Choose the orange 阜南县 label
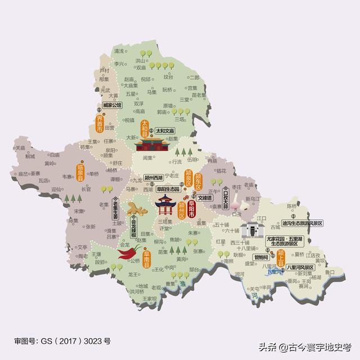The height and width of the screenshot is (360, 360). (x=146, y=260)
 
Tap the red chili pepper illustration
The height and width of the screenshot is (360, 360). (x=127, y=254)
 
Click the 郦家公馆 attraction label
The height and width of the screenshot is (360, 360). (x=112, y=105)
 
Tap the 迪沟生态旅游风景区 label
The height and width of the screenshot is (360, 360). (x=303, y=223)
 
